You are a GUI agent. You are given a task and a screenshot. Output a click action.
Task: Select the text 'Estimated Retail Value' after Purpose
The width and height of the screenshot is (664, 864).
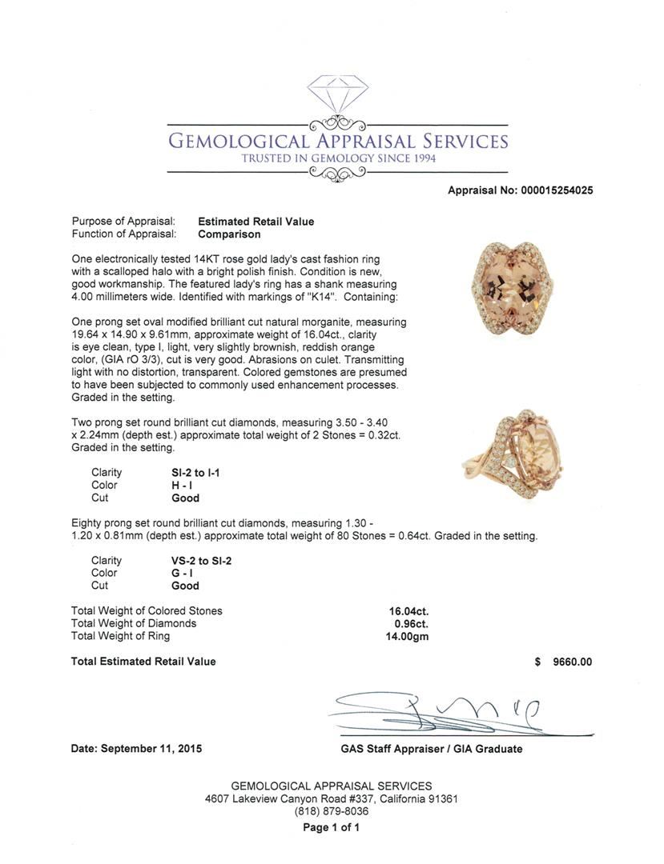(x=256, y=222)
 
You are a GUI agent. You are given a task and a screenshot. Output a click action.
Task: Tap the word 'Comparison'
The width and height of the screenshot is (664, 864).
(x=229, y=234)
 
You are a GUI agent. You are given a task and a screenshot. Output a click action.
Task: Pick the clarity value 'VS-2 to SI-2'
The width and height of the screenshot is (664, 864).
(x=196, y=561)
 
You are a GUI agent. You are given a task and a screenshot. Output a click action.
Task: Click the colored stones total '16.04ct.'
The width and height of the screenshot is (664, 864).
(x=408, y=611)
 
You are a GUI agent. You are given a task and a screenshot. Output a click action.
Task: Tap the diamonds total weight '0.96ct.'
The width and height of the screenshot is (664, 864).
(x=411, y=623)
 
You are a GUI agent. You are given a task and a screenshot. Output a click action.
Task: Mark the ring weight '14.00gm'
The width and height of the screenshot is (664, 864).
(x=407, y=636)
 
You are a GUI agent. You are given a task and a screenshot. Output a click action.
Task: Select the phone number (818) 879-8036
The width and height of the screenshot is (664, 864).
(x=332, y=811)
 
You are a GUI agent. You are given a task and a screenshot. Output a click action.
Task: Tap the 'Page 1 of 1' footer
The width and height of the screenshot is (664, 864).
(x=332, y=827)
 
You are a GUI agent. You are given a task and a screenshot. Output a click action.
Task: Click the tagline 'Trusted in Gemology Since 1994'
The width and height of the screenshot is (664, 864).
(x=337, y=158)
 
